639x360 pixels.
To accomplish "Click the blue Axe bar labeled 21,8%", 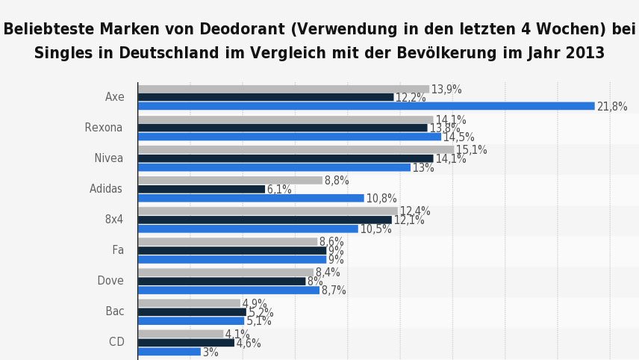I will click(x=366, y=106).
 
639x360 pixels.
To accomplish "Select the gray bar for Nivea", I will click(x=296, y=149).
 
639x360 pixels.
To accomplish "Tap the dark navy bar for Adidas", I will click(x=202, y=189).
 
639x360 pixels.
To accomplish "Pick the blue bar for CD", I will click(x=169, y=351).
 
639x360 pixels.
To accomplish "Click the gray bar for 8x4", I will click(x=267, y=211).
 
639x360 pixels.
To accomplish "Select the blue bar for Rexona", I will click(x=290, y=137).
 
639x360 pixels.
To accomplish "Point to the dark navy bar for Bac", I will click(x=192, y=311).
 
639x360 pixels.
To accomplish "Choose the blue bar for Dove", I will click(x=228, y=290).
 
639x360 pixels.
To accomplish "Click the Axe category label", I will click(x=115, y=97).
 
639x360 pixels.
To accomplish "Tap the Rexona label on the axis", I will click(x=104, y=128).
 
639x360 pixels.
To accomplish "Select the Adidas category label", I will click(x=106, y=189).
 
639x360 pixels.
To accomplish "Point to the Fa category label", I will click(x=118, y=250).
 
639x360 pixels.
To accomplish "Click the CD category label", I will click(x=116, y=342).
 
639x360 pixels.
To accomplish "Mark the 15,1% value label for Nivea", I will click(x=471, y=150).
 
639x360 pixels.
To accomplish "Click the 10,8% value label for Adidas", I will click(x=381, y=199).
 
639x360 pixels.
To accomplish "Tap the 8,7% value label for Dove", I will click(x=334, y=291).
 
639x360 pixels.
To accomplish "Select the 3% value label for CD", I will click(x=211, y=352).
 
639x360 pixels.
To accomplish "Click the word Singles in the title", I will click(x=63, y=53).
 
